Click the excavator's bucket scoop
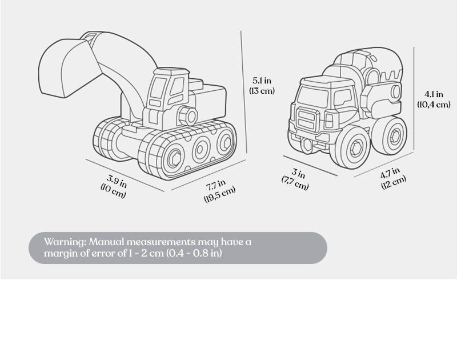coord(63,69)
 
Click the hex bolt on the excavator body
coord(188,116)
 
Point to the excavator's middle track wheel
coord(201,149)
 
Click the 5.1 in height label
coord(262,80)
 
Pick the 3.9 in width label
coord(117,181)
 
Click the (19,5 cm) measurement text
coord(219,194)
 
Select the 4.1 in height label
coord(434,94)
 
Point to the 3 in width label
coord(299,173)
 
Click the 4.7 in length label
coord(390,173)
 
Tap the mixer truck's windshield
coord(312,97)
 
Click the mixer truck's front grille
coord(307,119)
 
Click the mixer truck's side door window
coord(342,97)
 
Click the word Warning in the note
coord(64,242)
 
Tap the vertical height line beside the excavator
coord(244,92)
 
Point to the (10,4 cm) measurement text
coord(434,104)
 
